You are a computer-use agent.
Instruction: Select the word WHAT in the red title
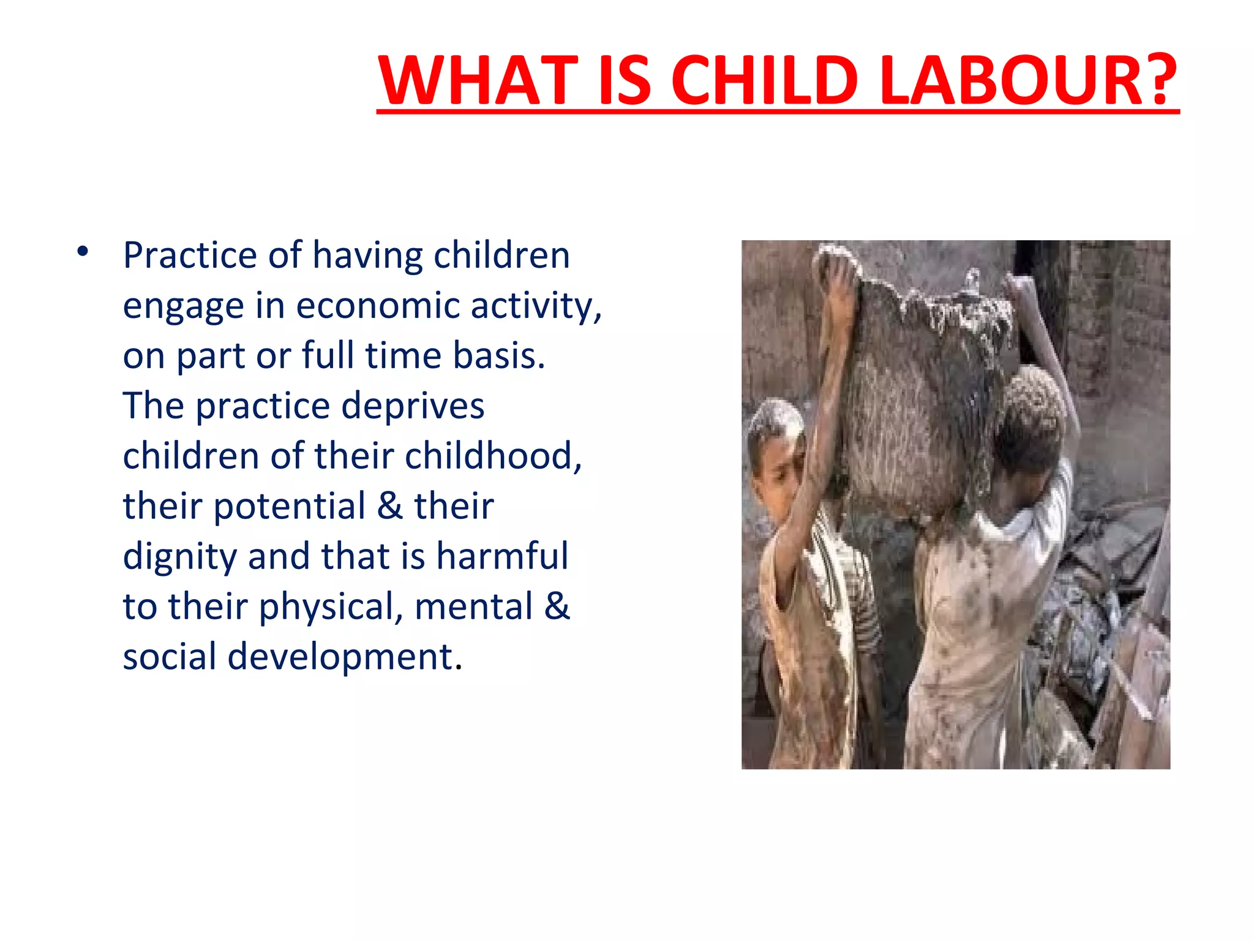(x=478, y=80)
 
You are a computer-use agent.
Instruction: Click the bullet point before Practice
(x=83, y=251)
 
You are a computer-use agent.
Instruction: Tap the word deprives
(x=412, y=406)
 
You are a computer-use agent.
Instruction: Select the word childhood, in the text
(x=493, y=456)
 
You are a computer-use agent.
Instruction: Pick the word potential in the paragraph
(x=289, y=507)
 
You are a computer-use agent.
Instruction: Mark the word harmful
(x=502, y=557)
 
